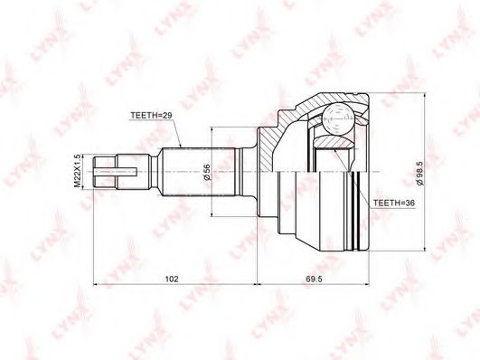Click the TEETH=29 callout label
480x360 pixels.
(152, 115)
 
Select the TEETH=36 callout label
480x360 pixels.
(394, 203)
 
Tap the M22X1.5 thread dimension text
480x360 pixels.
(78, 171)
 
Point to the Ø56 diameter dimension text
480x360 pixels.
(207, 172)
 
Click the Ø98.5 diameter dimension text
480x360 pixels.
(419, 173)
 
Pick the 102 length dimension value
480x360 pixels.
(172, 279)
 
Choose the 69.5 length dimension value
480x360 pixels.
(314, 279)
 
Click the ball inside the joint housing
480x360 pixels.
(338, 119)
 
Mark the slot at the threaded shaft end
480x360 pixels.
(115, 172)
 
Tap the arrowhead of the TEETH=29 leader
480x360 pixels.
(180, 146)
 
